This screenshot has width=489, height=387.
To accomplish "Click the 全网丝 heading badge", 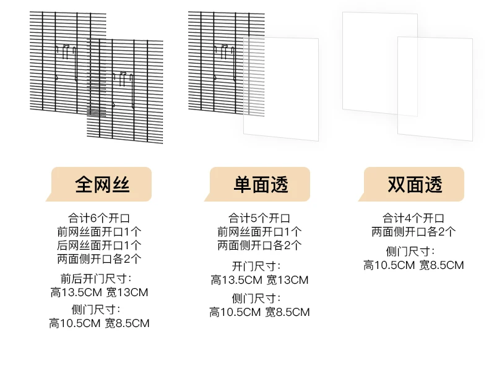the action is (99, 184).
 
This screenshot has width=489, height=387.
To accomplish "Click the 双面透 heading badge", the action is (414, 184).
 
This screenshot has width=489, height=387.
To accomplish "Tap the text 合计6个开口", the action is (99, 218).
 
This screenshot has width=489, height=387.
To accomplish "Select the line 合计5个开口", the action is (259, 218).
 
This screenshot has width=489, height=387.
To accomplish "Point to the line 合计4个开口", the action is (413, 218).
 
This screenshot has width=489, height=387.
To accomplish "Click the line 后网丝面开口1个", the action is (99, 245).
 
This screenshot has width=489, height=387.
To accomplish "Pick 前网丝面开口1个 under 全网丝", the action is (99, 232).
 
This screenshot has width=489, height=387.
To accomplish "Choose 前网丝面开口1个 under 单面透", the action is (259, 232).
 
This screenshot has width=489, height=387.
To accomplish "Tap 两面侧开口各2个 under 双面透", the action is (413, 232).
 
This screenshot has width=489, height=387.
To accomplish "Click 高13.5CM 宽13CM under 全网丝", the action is (99, 292).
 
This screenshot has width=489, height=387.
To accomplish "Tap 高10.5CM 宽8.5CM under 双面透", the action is (413, 265).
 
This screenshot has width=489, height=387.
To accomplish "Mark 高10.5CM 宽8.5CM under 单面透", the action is (259, 312).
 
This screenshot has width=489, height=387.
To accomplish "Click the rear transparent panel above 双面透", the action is (379, 62).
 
